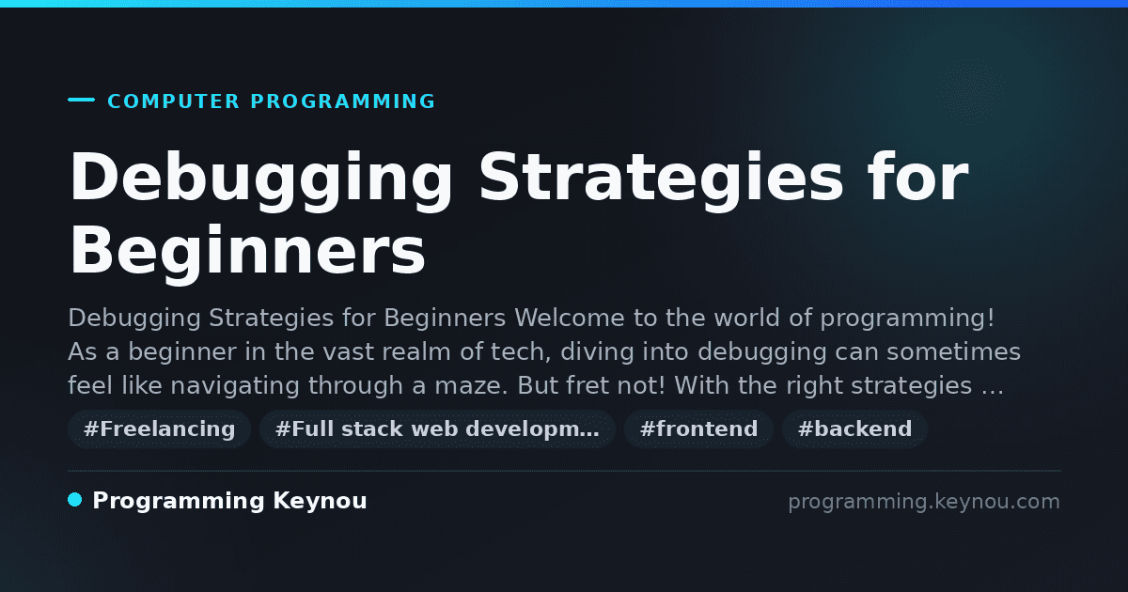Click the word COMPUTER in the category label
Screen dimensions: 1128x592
pos(173,101)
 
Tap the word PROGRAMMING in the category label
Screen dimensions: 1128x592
pos(342,101)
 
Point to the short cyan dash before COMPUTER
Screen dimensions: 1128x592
pos(81,100)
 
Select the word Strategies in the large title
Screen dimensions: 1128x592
pos(661,177)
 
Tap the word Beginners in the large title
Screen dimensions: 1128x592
pos(247,251)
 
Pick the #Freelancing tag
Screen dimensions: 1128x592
pos(159,428)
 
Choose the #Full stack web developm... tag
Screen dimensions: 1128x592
pos(437,428)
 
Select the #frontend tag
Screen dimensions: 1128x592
pos(698,428)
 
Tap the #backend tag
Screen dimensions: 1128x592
pos(854,428)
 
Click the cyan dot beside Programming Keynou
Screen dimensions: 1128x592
pos(75,500)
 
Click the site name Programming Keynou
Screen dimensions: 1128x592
pos(229,502)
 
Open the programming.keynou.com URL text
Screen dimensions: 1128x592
pos(924,502)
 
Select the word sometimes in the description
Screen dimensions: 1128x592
pos(954,351)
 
